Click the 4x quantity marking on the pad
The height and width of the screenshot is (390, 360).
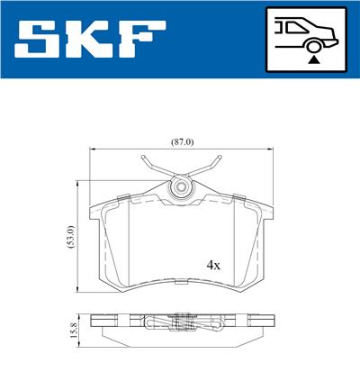(x=213, y=266)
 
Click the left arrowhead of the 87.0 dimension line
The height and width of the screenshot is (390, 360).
(x=94, y=150)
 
